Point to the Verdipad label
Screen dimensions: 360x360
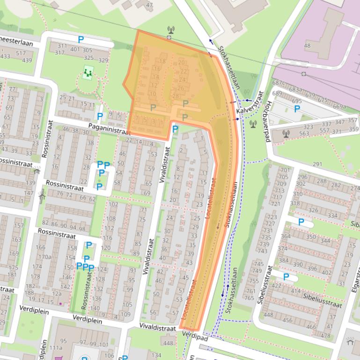click(195, 335)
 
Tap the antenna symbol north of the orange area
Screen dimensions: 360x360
click(170, 31)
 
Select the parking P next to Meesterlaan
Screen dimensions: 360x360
click(81, 40)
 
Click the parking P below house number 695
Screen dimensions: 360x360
click(297, 109)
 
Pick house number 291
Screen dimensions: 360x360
click(317, 164)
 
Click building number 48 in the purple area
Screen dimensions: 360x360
click(307, 46)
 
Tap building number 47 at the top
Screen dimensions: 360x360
click(149, 5)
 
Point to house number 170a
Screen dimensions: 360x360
click(44, 257)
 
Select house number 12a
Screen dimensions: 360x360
click(57, 294)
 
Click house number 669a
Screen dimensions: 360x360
click(339, 107)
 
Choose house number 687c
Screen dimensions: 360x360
click(279, 83)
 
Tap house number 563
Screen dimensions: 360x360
click(304, 133)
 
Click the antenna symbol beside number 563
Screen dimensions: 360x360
click(286, 133)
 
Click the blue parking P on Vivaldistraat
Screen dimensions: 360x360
click(175, 129)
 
